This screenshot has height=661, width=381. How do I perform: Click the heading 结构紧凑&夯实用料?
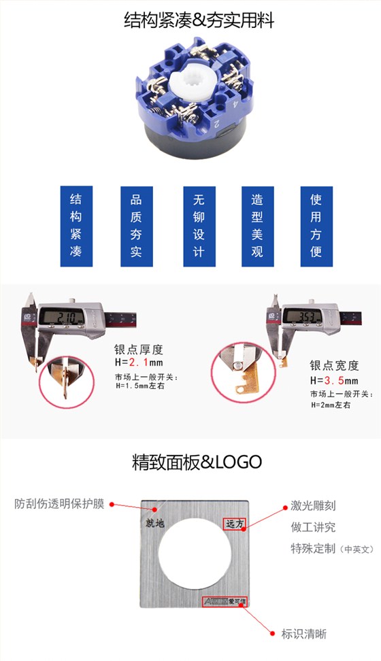(190, 21)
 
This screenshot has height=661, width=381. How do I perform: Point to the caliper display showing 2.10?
(61, 317)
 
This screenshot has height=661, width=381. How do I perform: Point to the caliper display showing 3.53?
(303, 316)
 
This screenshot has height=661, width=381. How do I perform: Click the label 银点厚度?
(139, 350)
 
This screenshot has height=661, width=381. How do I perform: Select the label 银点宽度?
(334, 365)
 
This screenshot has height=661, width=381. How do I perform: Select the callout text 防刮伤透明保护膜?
(60, 504)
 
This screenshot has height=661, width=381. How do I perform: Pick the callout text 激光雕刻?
(313, 505)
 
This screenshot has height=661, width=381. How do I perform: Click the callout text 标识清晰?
(304, 634)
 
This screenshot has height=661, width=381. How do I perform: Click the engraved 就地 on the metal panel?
(156, 523)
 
